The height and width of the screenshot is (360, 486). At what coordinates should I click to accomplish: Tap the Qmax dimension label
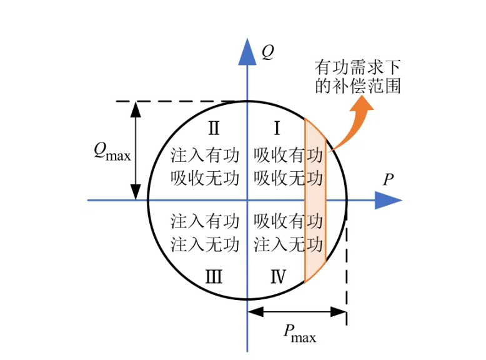pyautogui.click(x=112, y=152)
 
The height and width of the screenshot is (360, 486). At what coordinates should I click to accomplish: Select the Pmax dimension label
pyautogui.click(x=298, y=337)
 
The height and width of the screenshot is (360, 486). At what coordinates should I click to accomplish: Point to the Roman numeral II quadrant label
pyautogui.click(x=213, y=129)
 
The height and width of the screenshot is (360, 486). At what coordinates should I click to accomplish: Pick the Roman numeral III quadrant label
pyautogui.click(x=213, y=276)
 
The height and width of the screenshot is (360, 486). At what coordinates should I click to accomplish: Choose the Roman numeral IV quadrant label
pyautogui.click(x=278, y=276)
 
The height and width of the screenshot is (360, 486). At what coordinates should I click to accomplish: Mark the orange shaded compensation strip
pyautogui.click(x=315, y=201)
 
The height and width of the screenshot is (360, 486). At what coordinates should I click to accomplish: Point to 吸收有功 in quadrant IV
pyautogui.click(x=288, y=221)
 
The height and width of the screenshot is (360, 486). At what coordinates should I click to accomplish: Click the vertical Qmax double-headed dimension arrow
pyautogui.click(x=134, y=151)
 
